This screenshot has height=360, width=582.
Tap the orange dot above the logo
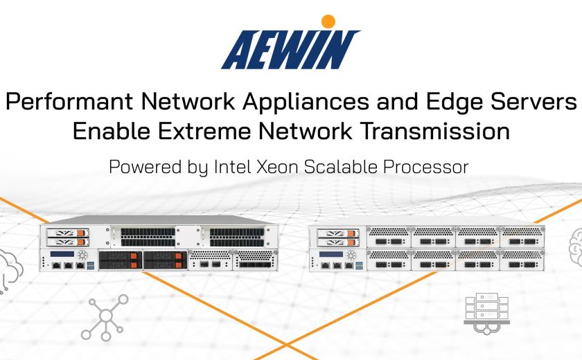point(328,21)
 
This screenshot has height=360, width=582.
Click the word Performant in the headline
point(69,101)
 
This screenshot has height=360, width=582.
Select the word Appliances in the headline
point(306,101)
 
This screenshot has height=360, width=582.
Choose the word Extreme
point(205,131)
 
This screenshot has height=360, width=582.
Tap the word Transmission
point(435,131)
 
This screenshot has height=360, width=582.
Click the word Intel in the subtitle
point(232,166)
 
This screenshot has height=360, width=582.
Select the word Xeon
point(278,167)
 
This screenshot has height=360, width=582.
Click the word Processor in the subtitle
point(425,167)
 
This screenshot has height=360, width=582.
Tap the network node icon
point(105,317)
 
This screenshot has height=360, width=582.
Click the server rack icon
point(486,314)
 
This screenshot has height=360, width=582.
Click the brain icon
point(576,247)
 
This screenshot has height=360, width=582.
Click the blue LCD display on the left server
point(62,254)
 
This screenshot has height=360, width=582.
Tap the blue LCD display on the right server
point(331,254)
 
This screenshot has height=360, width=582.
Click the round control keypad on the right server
point(351,255)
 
